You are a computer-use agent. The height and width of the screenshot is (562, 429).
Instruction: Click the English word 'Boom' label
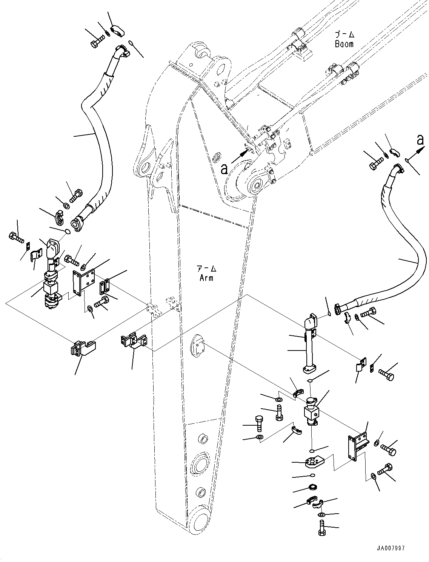tap(344, 44)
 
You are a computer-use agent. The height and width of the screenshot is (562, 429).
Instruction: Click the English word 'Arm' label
tap(206, 278)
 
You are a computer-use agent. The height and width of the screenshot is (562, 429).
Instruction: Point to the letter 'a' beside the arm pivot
tap(224, 168)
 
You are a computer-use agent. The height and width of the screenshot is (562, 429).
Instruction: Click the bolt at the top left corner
tap(96, 42)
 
